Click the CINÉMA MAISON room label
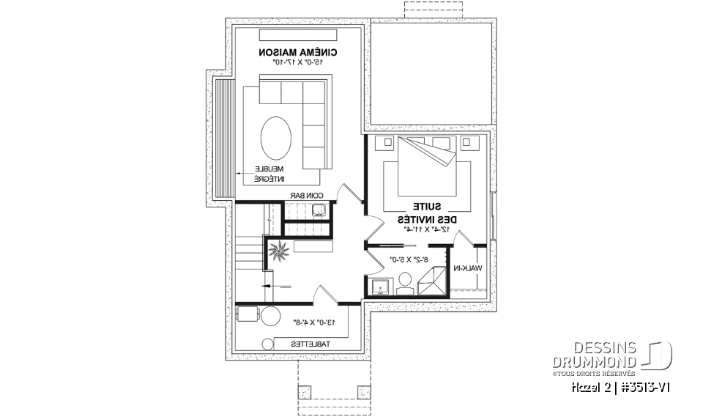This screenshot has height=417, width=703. (x=298, y=53)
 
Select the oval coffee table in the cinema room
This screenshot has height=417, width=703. (x=278, y=137)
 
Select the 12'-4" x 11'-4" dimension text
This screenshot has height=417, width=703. (x=427, y=229)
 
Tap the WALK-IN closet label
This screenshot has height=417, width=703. (x=468, y=269)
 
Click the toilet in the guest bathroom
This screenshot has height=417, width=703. (x=404, y=283)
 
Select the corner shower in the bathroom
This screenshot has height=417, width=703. (x=430, y=281)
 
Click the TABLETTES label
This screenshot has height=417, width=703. (x=310, y=344)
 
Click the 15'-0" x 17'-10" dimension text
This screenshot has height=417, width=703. (x=298, y=64)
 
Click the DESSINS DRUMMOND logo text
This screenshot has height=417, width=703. (x=594, y=354)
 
